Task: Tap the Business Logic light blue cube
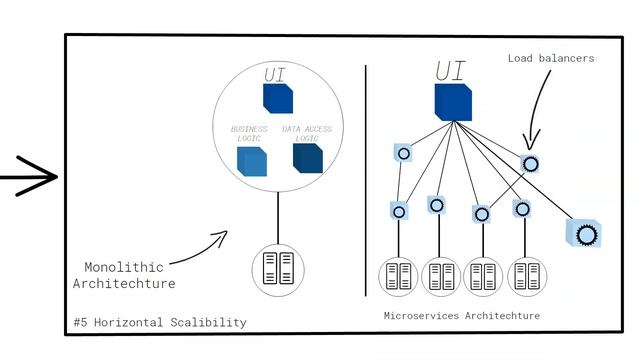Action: tap(252, 160)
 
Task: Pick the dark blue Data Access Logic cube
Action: tap(307, 158)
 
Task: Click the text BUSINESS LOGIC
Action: tap(249, 134)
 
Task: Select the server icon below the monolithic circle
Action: tap(277, 268)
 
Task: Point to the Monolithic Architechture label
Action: tap(129, 275)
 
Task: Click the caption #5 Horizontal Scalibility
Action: tap(160, 322)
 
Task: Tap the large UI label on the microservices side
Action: tap(450, 71)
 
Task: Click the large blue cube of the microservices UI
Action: tap(453, 103)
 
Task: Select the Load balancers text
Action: tap(550, 59)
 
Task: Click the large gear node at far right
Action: tap(585, 233)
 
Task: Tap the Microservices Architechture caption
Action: tap(462, 315)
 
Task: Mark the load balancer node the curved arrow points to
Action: tap(530, 163)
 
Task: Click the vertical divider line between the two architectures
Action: tap(365, 180)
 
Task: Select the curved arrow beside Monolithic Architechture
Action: tap(200, 250)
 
